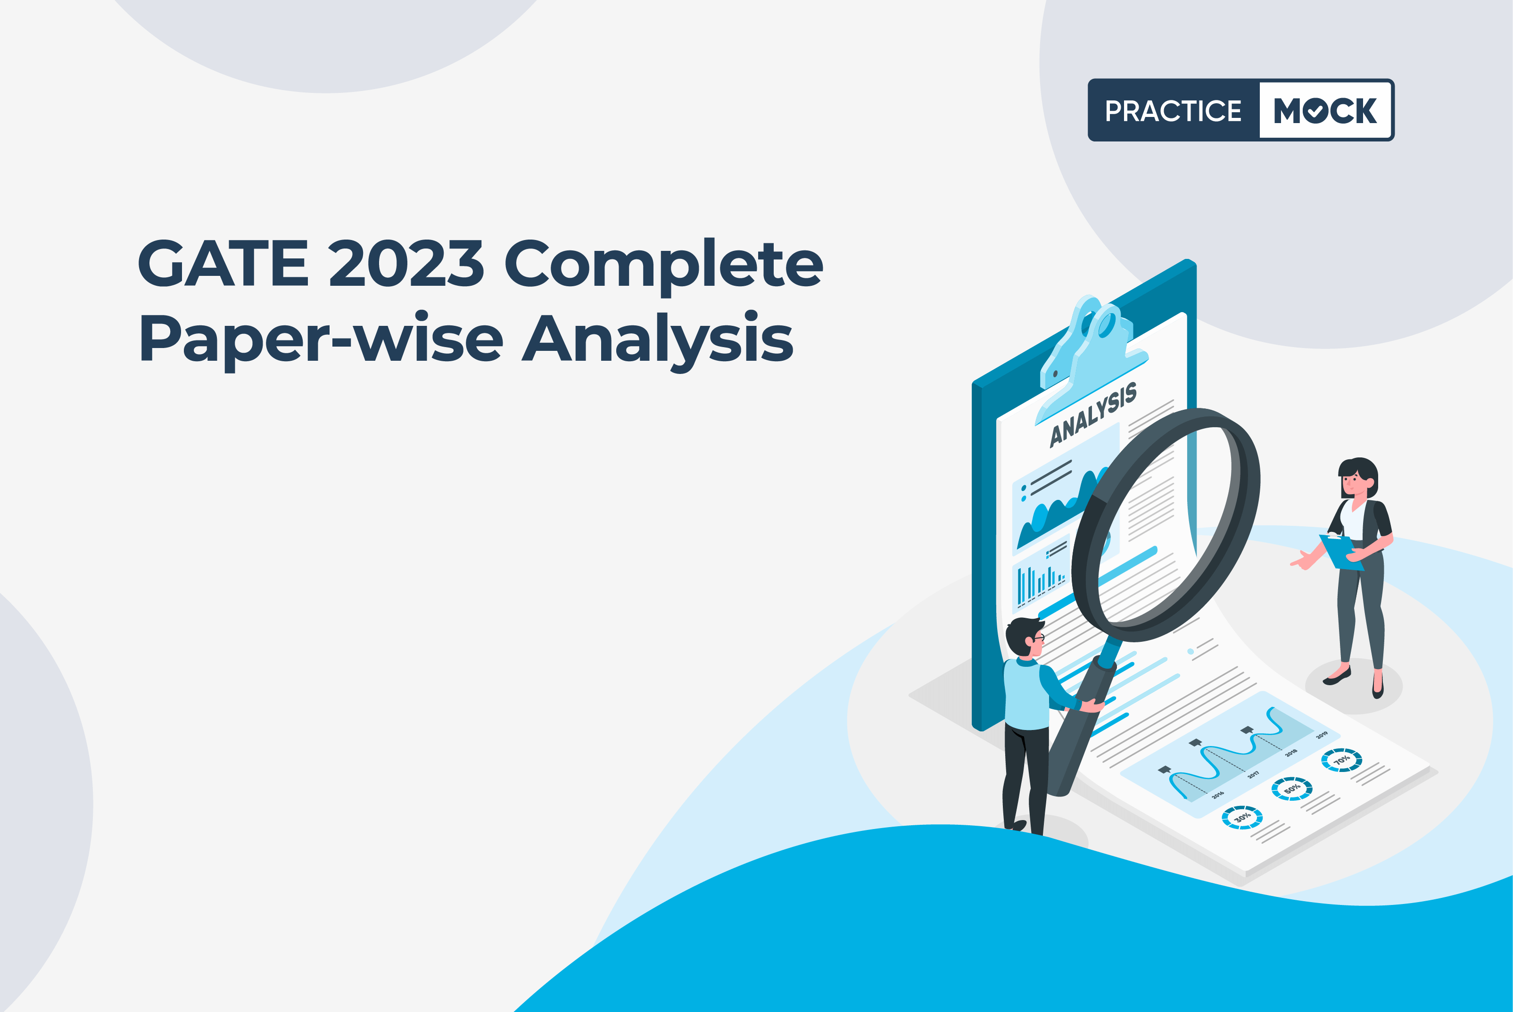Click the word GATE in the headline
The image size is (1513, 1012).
(223, 263)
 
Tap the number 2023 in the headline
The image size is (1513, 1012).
(406, 263)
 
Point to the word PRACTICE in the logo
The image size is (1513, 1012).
(1173, 111)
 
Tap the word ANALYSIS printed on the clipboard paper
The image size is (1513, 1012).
(1093, 415)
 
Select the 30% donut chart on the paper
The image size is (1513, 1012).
(1242, 817)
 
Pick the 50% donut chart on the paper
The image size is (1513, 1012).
(1292, 788)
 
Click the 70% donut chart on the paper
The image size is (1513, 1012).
(1341, 760)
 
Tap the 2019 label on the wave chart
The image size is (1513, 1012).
(1322, 735)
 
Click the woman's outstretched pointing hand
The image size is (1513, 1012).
(1301, 561)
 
